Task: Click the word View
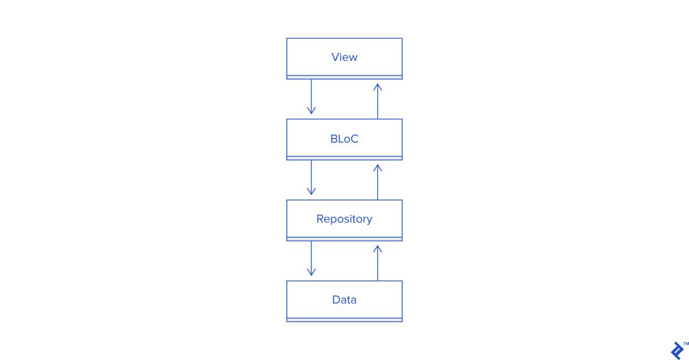point(344,57)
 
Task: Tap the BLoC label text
point(344,139)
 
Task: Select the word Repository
point(344,219)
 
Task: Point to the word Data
point(344,300)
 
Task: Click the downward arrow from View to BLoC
point(311,97)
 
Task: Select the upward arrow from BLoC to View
point(378,101)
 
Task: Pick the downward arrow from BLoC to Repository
point(311,178)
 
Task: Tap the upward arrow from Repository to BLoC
point(378,182)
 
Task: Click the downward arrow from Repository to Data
point(311,258)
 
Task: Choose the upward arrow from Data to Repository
point(378,263)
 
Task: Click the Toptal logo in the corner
point(677,351)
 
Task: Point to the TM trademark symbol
point(686,344)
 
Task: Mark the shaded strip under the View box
point(344,77)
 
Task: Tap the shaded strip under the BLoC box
point(344,158)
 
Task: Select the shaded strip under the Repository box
point(344,239)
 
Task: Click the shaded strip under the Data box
point(344,320)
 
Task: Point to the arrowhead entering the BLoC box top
point(311,111)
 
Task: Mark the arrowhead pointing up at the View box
point(378,87)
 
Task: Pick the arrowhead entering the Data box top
point(311,272)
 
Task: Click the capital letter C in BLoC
point(354,139)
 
